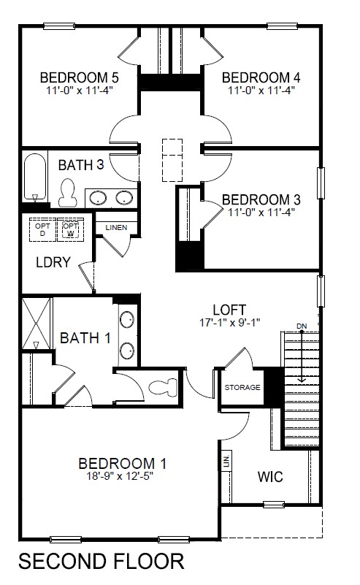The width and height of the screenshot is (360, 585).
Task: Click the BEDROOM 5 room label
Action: click(79, 77)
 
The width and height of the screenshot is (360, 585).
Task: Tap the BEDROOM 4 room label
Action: click(261, 77)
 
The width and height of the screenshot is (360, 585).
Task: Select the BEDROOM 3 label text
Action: click(261, 199)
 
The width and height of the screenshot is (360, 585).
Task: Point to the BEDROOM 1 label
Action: click(123, 463)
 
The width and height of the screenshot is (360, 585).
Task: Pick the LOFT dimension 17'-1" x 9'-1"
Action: click(229, 321)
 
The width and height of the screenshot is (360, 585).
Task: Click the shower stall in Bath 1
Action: click(34, 324)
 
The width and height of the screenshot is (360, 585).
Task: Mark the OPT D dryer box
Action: click(41, 229)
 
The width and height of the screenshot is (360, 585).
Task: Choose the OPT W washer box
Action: click(70, 229)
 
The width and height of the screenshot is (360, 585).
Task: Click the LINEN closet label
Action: click(116, 227)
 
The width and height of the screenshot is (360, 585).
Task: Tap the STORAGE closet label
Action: click(242, 387)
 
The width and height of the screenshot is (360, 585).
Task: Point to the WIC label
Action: click(269, 477)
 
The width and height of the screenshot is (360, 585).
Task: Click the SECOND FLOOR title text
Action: click(101, 562)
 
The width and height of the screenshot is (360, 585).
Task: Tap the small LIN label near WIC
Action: click(226, 462)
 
